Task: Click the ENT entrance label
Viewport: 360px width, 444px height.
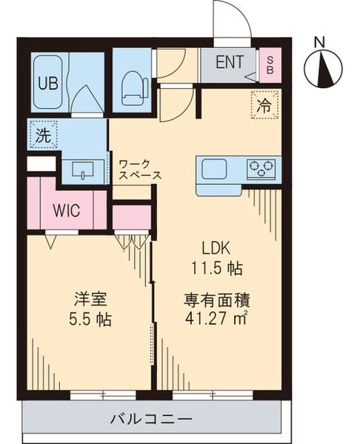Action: tap(229, 61)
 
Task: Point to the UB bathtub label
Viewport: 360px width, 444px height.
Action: tap(47, 81)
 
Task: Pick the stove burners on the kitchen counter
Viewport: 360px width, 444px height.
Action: tap(261, 168)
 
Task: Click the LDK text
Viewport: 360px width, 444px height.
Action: tap(216, 249)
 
